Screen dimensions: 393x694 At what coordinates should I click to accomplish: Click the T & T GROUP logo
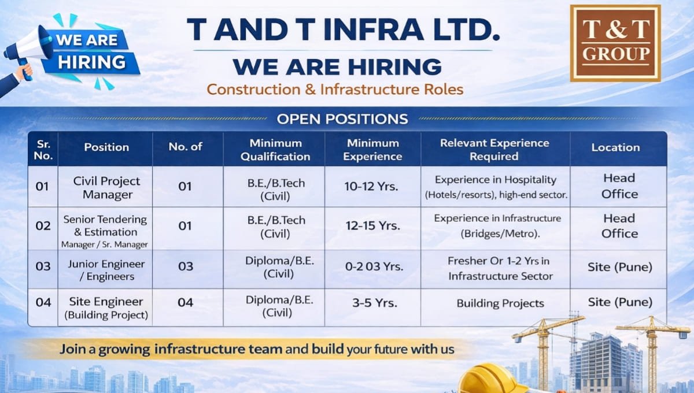coord(615,43)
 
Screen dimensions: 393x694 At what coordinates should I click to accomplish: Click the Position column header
coord(106,147)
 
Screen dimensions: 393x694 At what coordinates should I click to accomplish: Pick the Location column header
coord(615,147)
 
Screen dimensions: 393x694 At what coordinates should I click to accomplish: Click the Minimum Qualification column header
coord(275,149)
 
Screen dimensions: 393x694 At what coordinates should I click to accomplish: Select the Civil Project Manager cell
coord(107,187)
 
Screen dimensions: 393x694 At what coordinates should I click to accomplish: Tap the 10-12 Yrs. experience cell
coord(372,187)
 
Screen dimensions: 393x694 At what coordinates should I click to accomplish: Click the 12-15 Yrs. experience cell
coord(372,226)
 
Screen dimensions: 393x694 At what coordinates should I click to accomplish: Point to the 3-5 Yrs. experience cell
coord(372,302)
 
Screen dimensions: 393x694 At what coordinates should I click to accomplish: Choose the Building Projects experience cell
coord(500,303)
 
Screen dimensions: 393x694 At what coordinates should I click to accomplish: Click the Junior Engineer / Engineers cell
coord(107,270)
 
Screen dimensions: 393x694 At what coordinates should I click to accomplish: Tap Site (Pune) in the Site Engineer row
coord(619,302)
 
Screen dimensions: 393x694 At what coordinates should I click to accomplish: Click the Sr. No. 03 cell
coord(43,266)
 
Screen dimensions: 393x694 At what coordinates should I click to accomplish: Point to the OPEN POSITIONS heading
coord(342,120)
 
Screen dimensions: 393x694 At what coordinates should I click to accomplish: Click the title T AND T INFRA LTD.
coord(343,29)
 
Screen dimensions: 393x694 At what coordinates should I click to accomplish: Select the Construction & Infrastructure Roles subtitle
coord(335,90)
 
